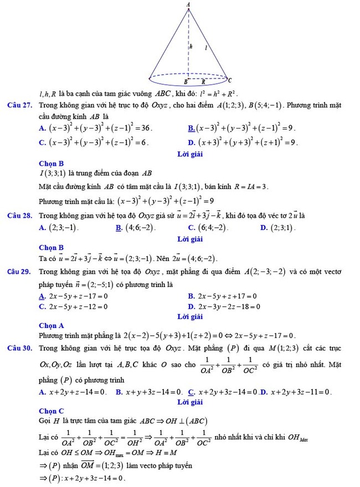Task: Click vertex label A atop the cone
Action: (x=188, y=4)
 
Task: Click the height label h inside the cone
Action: (x=191, y=48)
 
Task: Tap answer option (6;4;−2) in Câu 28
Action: (x=208, y=228)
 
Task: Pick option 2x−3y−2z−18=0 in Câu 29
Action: (x=228, y=306)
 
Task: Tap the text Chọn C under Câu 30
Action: (x=52, y=411)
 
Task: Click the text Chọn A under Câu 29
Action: (x=52, y=326)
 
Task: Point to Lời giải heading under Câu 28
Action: (x=190, y=239)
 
